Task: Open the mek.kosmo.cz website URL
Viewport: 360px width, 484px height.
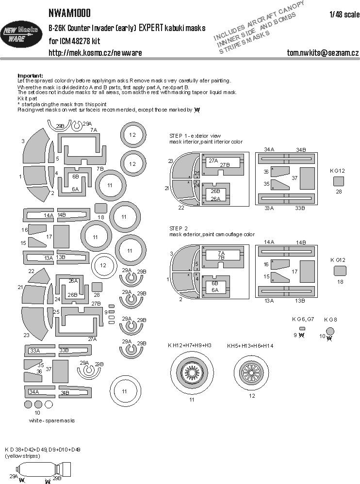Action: [95, 52]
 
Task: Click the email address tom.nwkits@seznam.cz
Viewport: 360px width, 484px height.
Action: [322, 52]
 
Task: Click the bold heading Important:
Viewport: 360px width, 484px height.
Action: [30, 76]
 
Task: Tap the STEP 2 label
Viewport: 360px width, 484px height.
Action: [179, 228]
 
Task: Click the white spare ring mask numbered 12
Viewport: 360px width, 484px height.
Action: [103, 265]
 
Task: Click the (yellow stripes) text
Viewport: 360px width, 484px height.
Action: [23, 457]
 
